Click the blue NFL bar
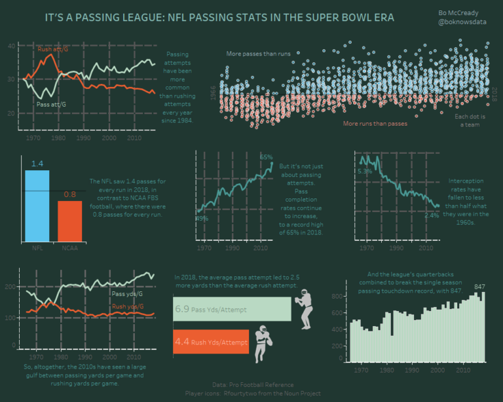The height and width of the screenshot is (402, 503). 37,206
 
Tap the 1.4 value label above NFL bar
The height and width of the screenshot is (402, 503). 37,164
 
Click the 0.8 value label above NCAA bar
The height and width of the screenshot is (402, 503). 69,194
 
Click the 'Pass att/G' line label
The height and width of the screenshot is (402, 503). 50,103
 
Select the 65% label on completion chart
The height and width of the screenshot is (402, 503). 266,157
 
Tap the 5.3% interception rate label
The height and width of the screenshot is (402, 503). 365,172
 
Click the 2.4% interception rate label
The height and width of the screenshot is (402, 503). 431,215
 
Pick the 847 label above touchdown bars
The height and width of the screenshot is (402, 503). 479,287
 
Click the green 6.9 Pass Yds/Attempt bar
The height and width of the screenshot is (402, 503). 232,308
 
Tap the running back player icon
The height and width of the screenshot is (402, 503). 261,344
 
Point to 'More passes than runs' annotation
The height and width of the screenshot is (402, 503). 258,54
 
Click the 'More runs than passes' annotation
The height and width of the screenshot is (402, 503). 375,123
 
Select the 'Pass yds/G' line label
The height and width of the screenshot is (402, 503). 127,294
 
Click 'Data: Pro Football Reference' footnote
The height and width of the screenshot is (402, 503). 253,385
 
